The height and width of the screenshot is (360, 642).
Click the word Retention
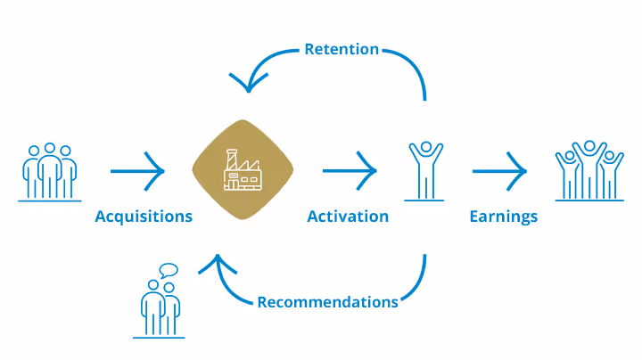click(x=342, y=49)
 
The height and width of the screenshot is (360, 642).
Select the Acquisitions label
click(x=144, y=217)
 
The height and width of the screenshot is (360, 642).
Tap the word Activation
click(x=348, y=217)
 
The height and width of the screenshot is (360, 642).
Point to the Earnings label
click(x=504, y=217)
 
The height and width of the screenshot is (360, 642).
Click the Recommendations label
click(x=327, y=302)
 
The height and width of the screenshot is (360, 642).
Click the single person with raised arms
click(x=425, y=169)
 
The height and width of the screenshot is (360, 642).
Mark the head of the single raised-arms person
click(x=425, y=148)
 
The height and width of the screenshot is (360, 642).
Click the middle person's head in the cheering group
click(x=589, y=147)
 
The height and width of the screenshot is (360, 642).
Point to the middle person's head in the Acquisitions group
click(x=50, y=149)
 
